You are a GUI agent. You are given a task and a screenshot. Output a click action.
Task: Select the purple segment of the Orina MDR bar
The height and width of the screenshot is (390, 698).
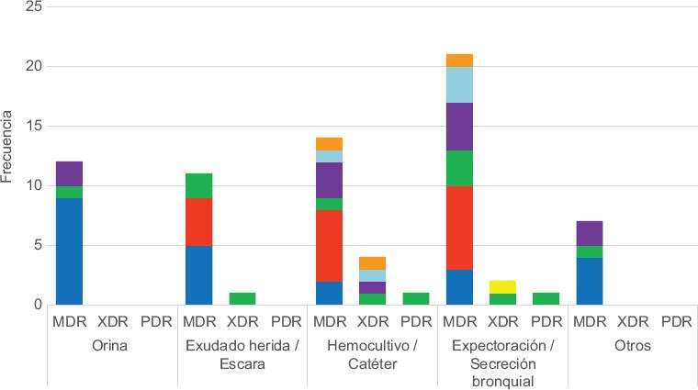pos(69,173)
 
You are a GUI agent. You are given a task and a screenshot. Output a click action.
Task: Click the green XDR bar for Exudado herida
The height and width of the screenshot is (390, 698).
pos(242,298)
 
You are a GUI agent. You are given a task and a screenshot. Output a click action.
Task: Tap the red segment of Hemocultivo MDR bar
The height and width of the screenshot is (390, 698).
pos(330,245)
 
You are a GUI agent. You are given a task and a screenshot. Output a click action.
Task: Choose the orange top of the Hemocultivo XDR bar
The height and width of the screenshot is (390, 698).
pos(373,262)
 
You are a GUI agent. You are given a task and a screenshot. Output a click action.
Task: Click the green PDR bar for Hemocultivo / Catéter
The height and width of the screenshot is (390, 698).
pos(416,298)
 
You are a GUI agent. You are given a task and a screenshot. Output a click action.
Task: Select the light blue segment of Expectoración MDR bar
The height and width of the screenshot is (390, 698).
pos(459,84)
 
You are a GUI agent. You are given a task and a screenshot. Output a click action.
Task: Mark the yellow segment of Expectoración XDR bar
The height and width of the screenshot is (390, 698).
pos(503,286)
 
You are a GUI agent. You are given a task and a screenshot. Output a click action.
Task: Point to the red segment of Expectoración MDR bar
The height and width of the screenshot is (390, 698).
pos(459,227)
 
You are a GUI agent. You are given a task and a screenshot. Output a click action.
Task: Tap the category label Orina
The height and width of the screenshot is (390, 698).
pos(112,347)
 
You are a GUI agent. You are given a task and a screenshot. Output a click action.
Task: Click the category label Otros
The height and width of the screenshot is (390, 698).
pos(634,347)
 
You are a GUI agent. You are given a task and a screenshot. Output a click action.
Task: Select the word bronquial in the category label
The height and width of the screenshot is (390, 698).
pos(503,380)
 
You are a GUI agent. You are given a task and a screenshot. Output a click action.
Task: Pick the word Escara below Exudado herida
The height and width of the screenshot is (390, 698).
pos(242,363)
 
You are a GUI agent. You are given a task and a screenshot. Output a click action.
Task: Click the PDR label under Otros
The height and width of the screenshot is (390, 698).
pos(677,322)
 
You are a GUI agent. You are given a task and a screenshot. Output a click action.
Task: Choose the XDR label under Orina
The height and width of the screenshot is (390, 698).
pos(112,322)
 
